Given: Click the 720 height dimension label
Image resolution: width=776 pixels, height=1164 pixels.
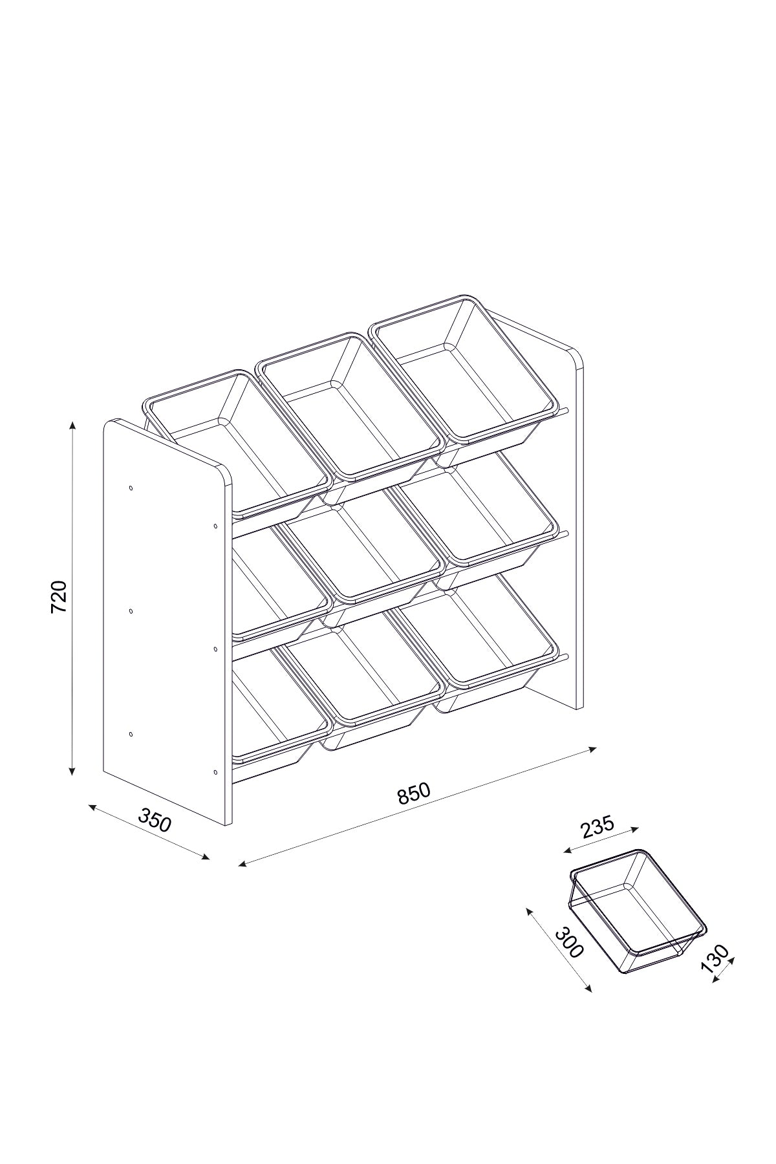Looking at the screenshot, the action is tap(59, 597).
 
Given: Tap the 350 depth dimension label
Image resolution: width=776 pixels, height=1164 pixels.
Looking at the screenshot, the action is tap(155, 820).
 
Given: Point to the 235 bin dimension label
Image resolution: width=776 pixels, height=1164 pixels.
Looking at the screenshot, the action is tap(597, 827).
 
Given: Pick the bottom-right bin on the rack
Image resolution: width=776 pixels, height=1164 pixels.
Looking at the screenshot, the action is tap(479, 640).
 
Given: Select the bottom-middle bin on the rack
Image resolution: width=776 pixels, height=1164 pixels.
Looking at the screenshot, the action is tap(365, 685).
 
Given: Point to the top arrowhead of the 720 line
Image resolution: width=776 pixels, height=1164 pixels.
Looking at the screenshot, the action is tap(72, 424).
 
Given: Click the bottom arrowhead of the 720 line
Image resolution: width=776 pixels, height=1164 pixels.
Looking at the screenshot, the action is tap(72, 771).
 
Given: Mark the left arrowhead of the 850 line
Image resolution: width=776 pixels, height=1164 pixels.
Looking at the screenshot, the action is tap(242, 863).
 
